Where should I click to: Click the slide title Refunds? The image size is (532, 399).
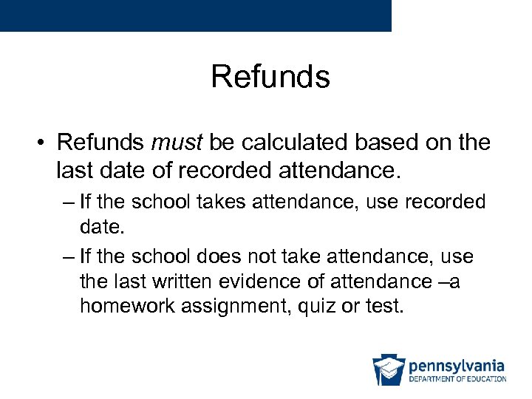coord(270,76)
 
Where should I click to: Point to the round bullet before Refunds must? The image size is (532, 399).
coord(43,142)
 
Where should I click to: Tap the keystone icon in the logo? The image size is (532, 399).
coord(388,370)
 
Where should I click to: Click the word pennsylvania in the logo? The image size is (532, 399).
coord(456,366)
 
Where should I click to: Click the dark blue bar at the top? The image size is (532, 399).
coord(195,15)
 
